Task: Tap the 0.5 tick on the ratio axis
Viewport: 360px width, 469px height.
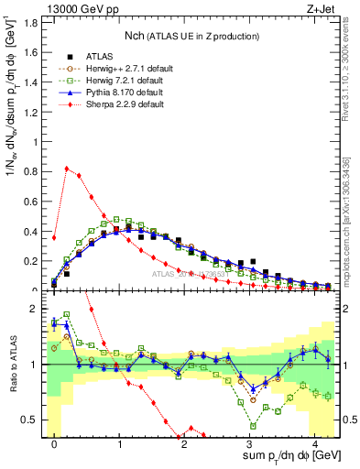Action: pos(34,420)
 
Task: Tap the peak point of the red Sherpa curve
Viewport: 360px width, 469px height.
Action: pos(67,169)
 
